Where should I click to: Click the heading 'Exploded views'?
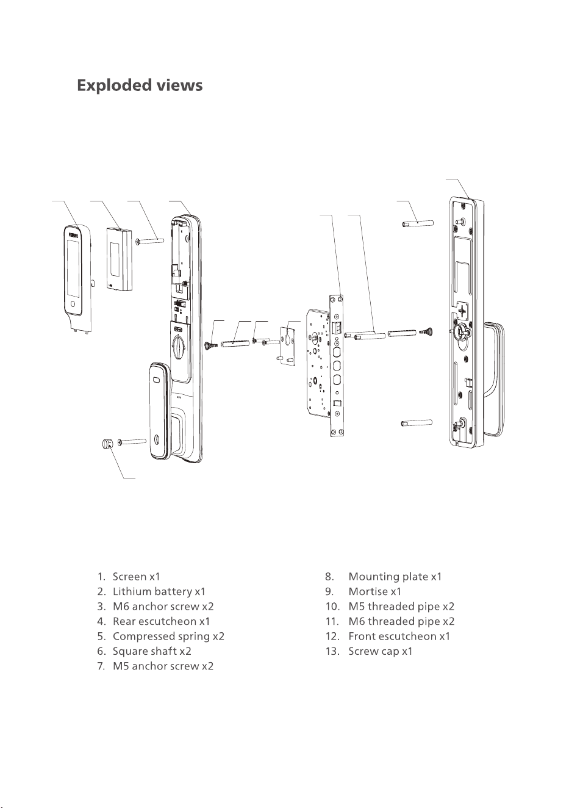pos(140,86)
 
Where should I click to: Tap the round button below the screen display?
pos(73,304)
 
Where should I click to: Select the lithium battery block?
pos(120,259)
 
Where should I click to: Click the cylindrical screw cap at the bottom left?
pos(107,443)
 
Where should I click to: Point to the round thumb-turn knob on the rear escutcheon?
pos(179,346)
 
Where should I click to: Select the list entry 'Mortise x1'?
pos(374,591)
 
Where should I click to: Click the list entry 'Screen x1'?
pos(136,577)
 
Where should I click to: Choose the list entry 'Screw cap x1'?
pos(381,651)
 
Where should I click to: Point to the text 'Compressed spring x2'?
pos(168,637)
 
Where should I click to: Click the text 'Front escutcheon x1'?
pos(399,637)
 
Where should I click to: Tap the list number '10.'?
pos(332,607)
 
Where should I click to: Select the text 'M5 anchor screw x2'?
pos(163,666)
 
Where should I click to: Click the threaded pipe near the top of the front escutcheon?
pos(418,223)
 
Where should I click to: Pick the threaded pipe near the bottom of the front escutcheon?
pos(417,422)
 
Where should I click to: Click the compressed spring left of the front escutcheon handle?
pos(426,331)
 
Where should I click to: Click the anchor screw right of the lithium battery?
pos(150,240)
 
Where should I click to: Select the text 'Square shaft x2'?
pos(152,651)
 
